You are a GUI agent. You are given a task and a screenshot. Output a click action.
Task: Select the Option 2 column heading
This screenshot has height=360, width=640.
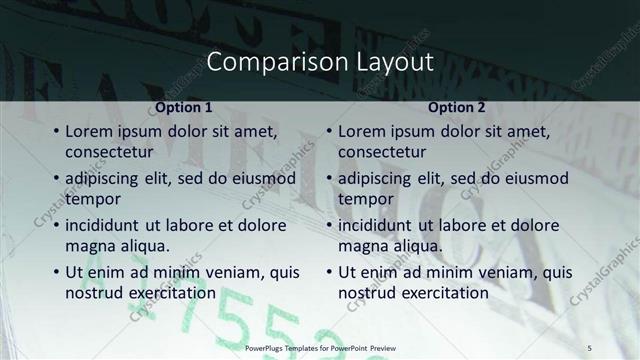[x=457, y=107]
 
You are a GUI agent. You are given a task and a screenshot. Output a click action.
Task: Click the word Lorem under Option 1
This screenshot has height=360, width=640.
[x=90, y=131]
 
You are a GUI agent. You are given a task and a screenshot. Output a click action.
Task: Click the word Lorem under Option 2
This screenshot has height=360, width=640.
[x=363, y=131]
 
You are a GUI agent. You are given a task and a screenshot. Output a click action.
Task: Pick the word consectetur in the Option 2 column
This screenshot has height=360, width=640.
[x=382, y=153]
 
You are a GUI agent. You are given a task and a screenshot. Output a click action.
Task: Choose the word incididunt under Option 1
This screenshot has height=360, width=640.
[x=108, y=226]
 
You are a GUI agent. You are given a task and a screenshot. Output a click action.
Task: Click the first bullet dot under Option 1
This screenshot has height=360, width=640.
[x=56, y=132]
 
